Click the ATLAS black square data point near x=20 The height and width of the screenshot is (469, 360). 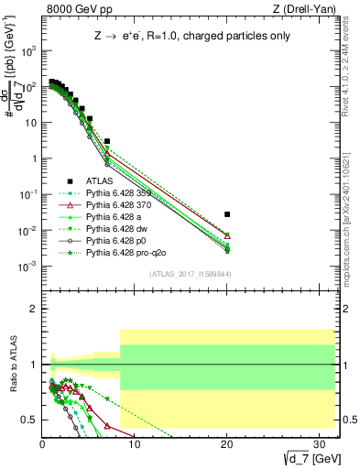click(227, 214)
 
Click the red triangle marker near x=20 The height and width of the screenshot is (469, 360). click(227, 236)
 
